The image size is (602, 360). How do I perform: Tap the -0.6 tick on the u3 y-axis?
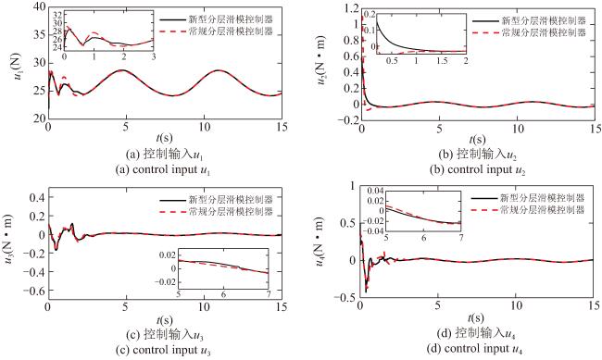pos(33,291)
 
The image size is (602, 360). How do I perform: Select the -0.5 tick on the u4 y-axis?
pos(345,297)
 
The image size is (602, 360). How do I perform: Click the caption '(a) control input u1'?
pos(163,169)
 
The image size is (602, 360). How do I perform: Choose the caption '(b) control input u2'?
pos(477,169)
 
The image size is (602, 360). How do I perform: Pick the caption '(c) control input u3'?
pos(163,350)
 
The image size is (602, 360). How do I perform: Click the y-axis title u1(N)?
pos(17,67)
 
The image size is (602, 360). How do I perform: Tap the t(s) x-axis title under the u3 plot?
pos(164,319)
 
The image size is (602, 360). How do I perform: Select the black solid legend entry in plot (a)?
pos(216,19)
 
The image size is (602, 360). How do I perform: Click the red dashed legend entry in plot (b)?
pos(529,32)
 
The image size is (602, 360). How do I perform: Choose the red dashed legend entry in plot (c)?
pos(216,212)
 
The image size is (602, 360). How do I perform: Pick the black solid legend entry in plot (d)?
pos(528,198)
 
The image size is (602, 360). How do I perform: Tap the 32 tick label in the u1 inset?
pos(57,16)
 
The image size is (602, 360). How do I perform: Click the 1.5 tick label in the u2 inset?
pos(443,61)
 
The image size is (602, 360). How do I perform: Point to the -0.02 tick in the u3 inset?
pos(166,281)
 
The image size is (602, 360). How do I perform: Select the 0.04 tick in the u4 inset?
pos(375,191)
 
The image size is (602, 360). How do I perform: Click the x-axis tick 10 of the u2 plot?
pos(518,129)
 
